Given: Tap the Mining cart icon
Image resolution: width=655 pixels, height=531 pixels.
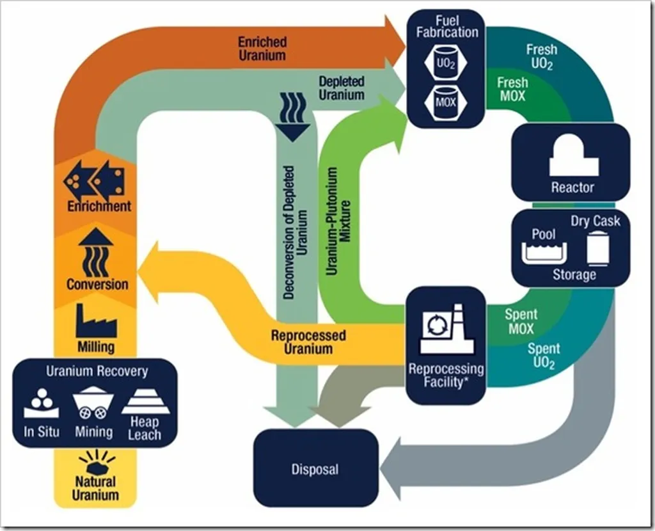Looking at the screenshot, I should (93, 404).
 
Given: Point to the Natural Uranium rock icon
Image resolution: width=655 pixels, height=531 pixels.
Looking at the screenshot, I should (96, 461).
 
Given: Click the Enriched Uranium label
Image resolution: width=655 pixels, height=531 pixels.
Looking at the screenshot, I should (262, 49).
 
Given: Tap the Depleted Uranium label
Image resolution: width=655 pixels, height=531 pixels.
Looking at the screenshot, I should (342, 88).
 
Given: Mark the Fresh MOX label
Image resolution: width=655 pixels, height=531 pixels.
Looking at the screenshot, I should (512, 89).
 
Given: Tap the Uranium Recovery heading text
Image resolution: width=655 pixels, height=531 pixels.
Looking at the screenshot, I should (97, 371).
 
